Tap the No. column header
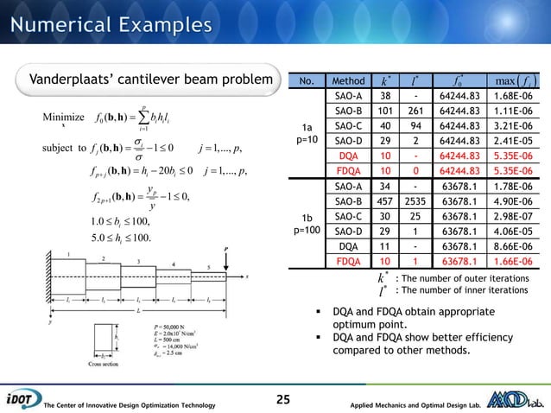tap(307, 81)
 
